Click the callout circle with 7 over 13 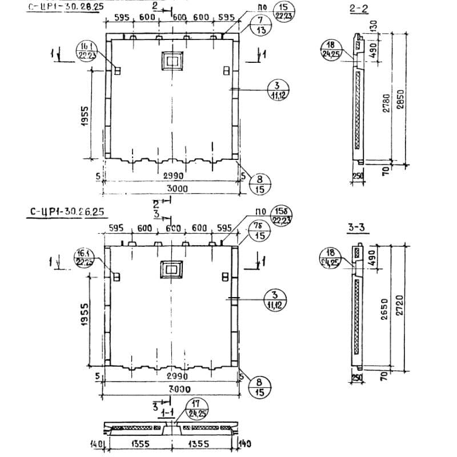pos(261,26)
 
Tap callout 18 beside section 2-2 pos(330,49)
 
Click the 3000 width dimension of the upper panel pos(174,188)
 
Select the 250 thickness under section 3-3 pos(358,379)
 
